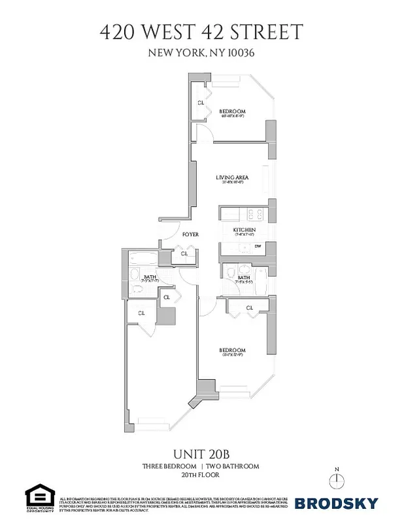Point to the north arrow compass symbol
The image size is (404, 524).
point(337,481)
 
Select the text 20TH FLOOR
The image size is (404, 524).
point(201,476)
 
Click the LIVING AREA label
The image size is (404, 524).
point(232,178)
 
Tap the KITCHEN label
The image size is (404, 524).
point(244,230)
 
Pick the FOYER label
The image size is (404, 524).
point(190,234)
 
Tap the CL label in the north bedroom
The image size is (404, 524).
point(201,103)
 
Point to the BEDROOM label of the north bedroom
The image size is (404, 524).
point(232,112)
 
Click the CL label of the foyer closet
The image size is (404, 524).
point(184,253)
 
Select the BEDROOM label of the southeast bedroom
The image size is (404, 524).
point(232,350)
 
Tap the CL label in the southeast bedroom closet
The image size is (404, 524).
point(249,308)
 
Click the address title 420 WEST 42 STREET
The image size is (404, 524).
point(201,31)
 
